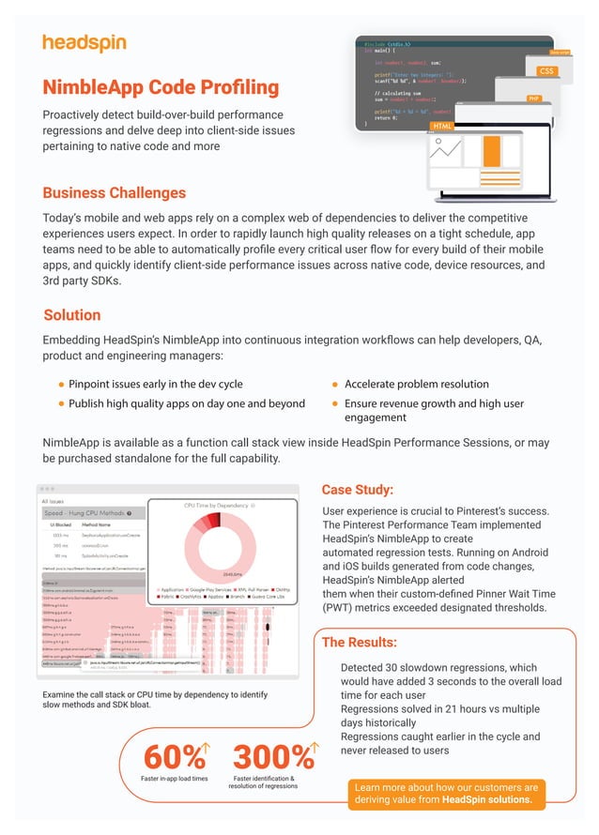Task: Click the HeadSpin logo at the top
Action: pos(84,43)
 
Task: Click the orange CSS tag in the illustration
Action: pos(545,71)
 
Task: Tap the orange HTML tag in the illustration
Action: pos(441,127)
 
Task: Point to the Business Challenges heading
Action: pos(114,193)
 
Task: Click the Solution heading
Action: pos(72,315)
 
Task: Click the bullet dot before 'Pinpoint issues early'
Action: pos(61,385)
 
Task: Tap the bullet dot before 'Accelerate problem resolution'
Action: pos(335,385)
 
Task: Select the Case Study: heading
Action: pos(357,490)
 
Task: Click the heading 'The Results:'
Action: pos(359,643)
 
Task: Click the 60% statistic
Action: pos(173,757)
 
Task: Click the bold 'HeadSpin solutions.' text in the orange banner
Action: pos(487,800)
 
